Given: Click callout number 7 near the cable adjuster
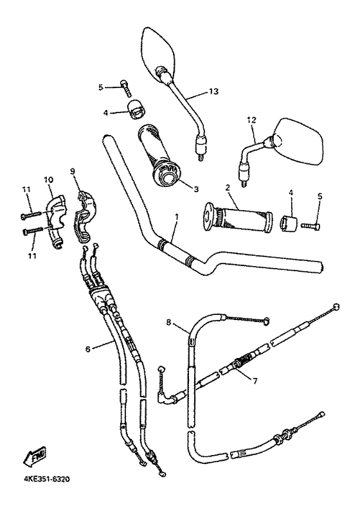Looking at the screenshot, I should point(255,380).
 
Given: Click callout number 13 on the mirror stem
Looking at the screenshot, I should point(213,92).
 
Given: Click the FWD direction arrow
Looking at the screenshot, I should point(33,458).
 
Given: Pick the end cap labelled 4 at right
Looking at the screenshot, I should point(287,224).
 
